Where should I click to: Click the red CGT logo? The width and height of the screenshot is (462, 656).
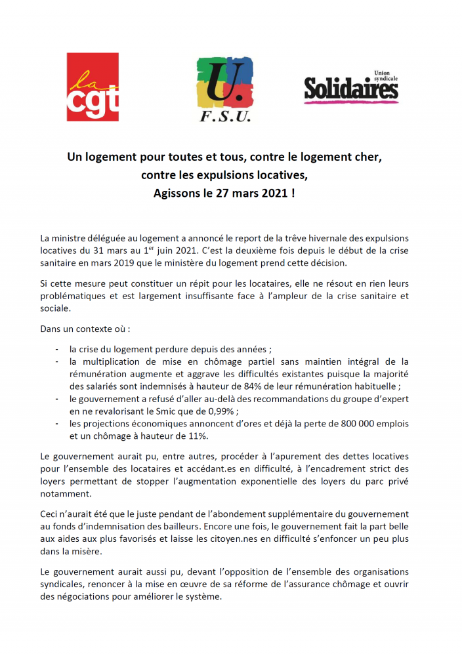[93, 87]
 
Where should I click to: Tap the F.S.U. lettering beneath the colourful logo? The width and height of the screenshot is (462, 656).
[225, 117]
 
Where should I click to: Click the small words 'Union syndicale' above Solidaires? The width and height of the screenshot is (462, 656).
[385, 74]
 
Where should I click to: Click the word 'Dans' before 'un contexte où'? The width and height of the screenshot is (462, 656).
[51, 328]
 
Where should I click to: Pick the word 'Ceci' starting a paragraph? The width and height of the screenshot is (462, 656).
[50, 514]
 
